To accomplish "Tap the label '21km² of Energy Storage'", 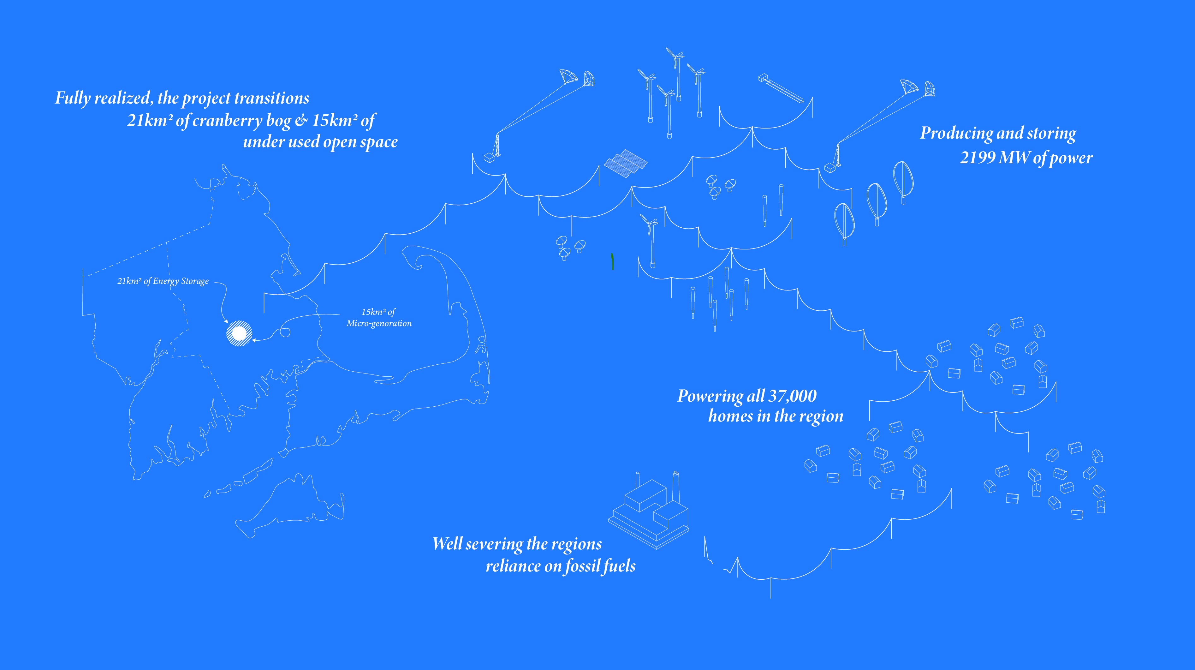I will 163,281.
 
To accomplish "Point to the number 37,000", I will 792,396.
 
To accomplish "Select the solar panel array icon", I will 626,163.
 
